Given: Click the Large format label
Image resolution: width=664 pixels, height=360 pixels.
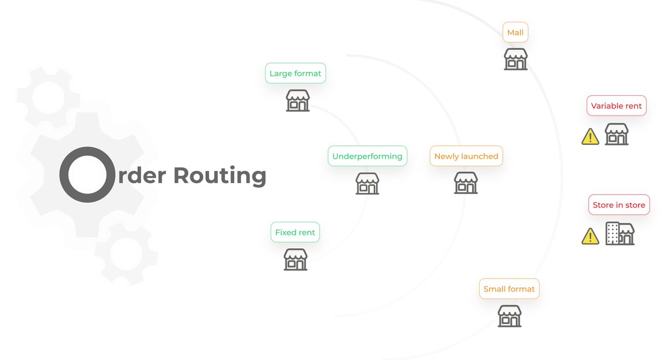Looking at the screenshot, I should click(x=295, y=74).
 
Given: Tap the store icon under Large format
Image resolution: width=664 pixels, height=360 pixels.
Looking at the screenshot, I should click(x=298, y=101).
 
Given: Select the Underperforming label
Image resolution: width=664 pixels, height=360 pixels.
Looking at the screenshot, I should click(x=367, y=156).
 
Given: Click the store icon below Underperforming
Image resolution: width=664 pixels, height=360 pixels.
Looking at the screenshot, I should click(x=367, y=183).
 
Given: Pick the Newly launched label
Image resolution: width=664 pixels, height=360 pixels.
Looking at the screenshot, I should click(x=466, y=156).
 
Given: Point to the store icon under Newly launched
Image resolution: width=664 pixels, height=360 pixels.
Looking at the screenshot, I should click(x=466, y=182).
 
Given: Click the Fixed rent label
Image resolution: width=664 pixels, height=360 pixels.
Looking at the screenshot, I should click(x=295, y=233).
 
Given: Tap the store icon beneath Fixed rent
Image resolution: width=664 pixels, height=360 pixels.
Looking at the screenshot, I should click(x=295, y=259).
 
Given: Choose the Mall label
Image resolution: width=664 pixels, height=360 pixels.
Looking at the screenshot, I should click(x=515, y=33).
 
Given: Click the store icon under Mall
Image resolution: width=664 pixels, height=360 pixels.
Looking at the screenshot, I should click(x=516, y=59).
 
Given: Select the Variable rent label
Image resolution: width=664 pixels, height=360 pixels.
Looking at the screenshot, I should click(x=616, y=106).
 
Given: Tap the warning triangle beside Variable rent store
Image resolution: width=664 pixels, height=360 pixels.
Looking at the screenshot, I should click(x=590, y=137).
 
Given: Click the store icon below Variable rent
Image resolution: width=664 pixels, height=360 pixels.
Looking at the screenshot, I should click(x=616, y=134).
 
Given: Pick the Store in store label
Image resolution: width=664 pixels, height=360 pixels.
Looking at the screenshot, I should click(x=619, y=205).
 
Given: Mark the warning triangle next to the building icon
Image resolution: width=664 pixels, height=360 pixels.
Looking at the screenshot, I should click(x=590, y=237).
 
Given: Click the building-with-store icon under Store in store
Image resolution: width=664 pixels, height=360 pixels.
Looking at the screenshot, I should click(x=620, y=234).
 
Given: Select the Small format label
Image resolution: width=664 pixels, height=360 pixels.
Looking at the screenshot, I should click(x=509, y=289).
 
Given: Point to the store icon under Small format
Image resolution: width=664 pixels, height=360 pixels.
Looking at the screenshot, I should click(x=510, y=316).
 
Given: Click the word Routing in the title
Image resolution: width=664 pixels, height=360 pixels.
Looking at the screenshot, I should click(x=220, y=175).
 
